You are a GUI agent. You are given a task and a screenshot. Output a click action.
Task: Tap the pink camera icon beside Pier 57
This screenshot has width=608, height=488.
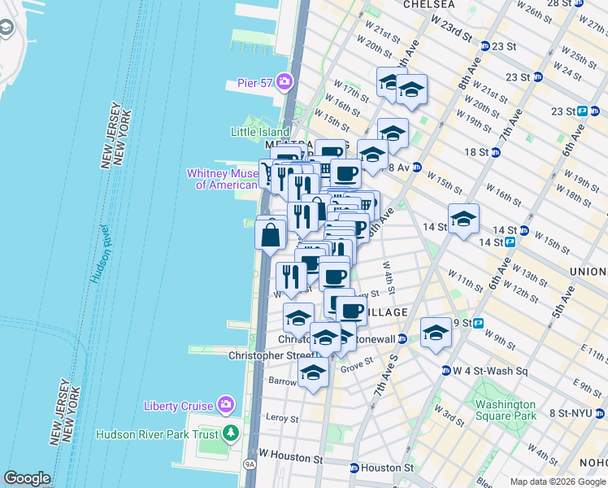(x=284, y=81)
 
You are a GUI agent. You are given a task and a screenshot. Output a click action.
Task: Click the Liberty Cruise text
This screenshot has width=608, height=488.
(x=178, y=406)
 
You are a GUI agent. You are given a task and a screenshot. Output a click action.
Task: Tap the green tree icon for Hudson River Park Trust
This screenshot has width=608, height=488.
(x=232, y=434)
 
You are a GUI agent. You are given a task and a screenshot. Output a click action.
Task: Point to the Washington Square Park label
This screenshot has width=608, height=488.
(x=506, y=410)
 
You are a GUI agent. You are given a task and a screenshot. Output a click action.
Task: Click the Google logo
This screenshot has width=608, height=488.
(x=27, y=478)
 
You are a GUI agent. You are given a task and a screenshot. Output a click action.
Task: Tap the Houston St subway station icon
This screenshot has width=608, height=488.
(x=354, y=468)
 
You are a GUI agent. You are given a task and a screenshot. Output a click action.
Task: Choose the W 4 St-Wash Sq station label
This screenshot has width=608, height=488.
(x=491, y=372)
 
